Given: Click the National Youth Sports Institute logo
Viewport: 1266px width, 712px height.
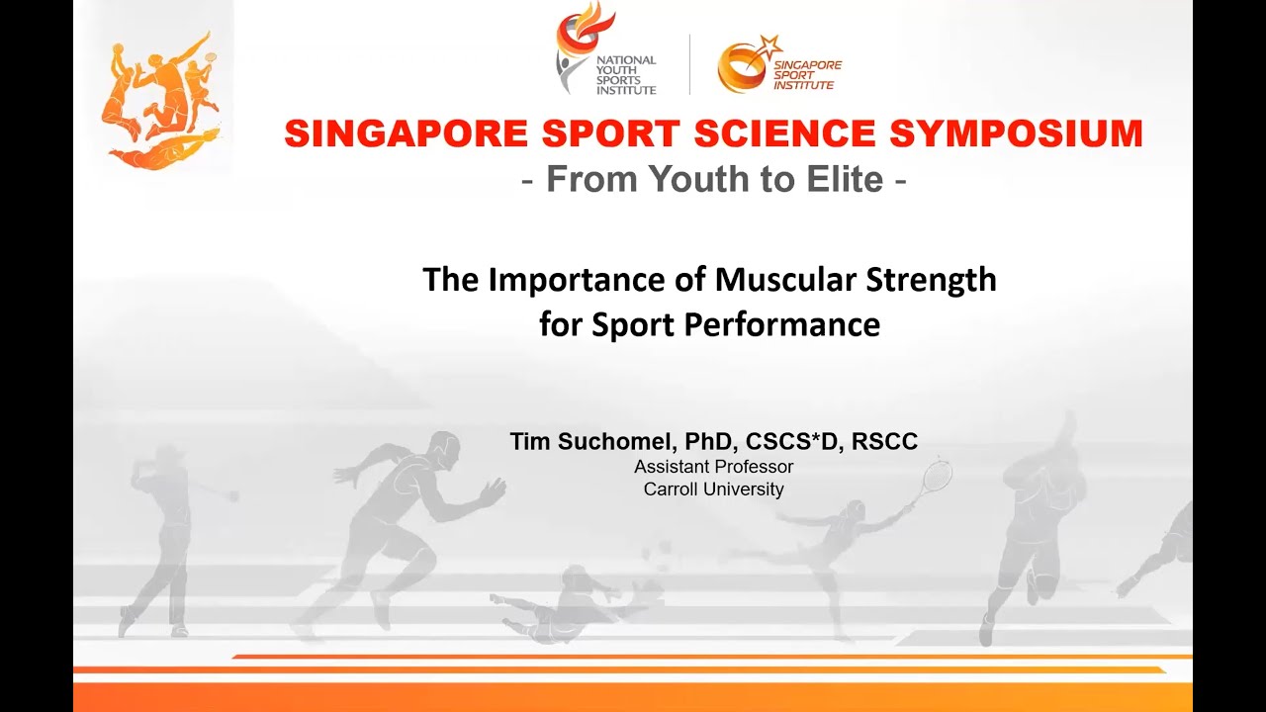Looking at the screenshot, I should [605, 51].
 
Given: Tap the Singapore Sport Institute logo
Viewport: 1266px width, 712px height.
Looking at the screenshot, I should [779, 64].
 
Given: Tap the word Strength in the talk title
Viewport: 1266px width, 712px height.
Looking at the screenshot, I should [931, 280].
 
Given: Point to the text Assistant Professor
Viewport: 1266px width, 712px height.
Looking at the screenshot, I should [713, 467].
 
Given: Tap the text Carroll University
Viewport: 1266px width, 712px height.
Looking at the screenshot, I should [713, 489].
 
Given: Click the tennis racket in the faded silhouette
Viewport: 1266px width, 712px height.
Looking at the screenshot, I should [935, 478].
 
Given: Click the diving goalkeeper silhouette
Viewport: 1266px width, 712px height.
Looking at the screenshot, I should [569, 603].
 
